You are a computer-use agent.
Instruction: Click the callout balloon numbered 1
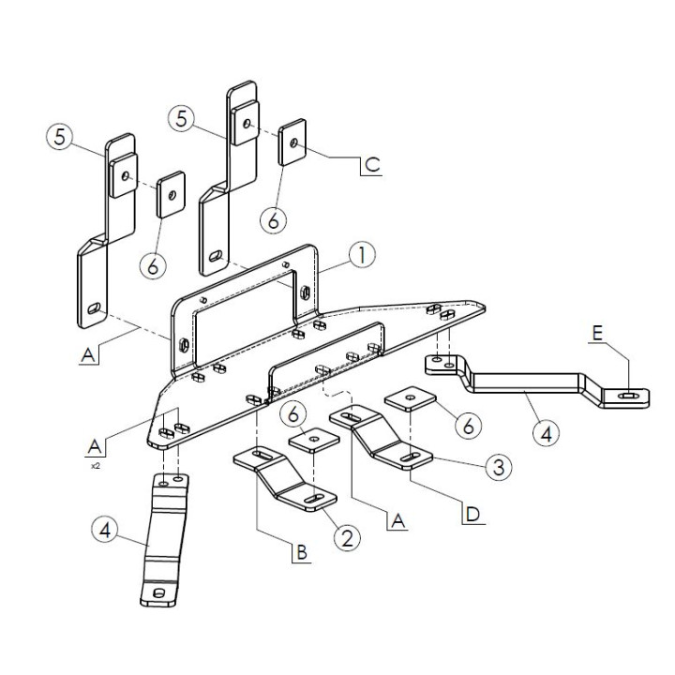point(362,255)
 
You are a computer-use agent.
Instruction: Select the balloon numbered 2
point(347,537)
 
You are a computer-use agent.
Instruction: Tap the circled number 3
point(499,467)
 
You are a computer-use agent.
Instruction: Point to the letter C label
point(372,164)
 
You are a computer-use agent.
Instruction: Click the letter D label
point(473,514)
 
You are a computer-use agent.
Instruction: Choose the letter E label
point(597,333)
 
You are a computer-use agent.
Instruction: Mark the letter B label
point(302,552)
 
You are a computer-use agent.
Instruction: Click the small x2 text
point(95,466)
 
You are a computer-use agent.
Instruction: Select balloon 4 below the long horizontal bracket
point(546,433)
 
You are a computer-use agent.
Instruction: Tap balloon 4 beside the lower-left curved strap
point(105,531)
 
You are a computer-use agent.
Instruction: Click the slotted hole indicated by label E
point(627,396)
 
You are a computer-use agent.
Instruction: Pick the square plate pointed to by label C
point(292,142)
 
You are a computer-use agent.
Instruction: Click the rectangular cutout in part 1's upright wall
point(245,318)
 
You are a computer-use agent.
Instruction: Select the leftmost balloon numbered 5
point(60,137)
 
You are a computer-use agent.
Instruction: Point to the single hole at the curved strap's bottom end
point(159,592)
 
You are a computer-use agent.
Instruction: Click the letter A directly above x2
point(95,447)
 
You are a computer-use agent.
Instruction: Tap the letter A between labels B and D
point(398,521)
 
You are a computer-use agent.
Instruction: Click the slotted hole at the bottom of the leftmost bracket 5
point(94,308)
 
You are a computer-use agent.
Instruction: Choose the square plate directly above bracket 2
point(314,439)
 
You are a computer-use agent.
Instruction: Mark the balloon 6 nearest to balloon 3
point(469,426)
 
